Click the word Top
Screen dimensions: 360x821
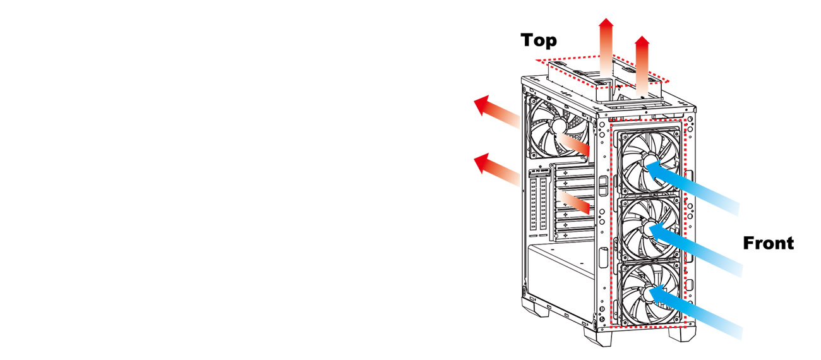coord(539,40)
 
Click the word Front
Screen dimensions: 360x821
coord(768,243)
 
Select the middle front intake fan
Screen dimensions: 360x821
coord(649,230)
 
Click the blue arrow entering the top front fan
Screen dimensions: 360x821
coord(695,186)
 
